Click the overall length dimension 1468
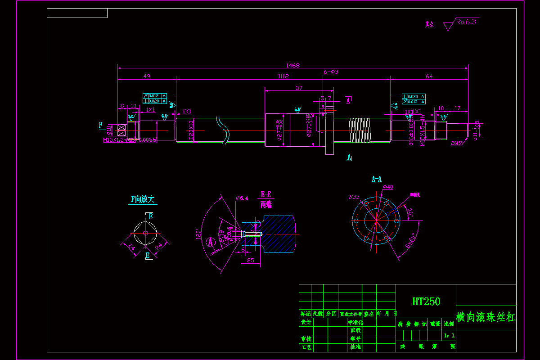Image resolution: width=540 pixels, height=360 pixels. click(x=292, y=65)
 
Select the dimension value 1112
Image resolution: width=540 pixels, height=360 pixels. click(x=283, y=76)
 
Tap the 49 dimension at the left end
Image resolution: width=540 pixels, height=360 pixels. click(x=147, y=76)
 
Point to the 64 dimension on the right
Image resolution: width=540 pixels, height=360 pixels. click(x=429, y=76)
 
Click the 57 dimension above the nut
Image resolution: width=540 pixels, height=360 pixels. click(x=299, y=88)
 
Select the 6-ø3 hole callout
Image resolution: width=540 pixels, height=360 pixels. click(x=331, y=72)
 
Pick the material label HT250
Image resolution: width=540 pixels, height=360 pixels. click(x=426, y=301)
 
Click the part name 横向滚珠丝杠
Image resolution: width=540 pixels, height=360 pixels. click(x=486, y=317)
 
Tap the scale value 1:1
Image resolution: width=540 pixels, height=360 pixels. click(x=449, y=335)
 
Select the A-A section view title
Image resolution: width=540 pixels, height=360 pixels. click(x=377, y=179)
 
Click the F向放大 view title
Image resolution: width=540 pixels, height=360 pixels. click(x=143, y=199)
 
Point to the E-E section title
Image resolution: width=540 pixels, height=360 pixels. click(x=266, y=195)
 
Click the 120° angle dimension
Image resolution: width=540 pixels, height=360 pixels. click(x=198, y=234)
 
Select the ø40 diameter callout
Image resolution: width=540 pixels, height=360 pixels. click(x=388, y=187)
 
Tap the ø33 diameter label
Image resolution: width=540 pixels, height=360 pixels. click(x=354, y=197)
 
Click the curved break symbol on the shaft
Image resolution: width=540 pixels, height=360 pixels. click(x=223, y=129)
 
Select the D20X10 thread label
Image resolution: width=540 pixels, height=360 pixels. click(x=191, y=131)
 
